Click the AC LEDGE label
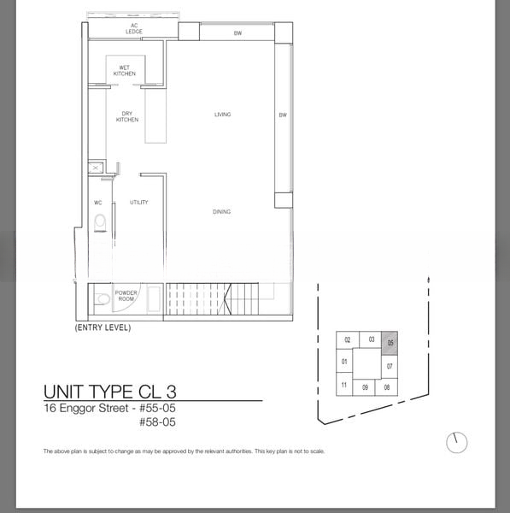tap(134, 28)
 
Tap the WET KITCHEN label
tap(125, 71)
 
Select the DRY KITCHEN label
tap(127, 116)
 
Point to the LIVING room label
tap(223, 115)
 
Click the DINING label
tap(221, 212)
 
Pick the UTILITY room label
tap(139, 202)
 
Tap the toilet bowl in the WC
tap(100, 223)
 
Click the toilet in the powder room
tap(103, 298)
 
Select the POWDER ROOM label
tap(126, 296)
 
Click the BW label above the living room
tap(237, 33)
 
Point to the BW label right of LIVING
tap(283, 115)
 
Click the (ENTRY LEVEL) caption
tap(103, 327)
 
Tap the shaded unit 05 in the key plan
tap(390, 343)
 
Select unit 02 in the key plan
tap(348, 340)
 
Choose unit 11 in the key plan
tap(344, 385)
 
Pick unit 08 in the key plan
tap(387, 387)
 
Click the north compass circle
tap(457, 443)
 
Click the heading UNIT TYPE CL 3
tap(110, 392)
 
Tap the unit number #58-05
tap(157, 422)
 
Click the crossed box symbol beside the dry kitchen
tap(96, 168)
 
